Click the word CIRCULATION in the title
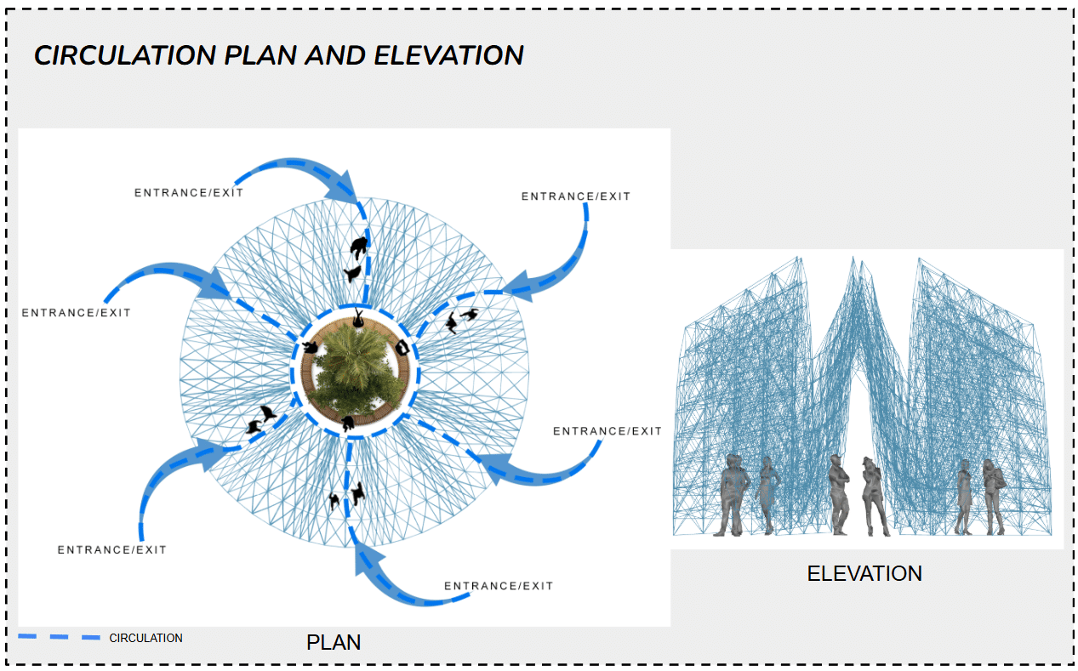[x=125, y=56]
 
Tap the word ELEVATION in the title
[x=449, y=56]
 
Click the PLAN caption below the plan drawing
[x=334, y=643]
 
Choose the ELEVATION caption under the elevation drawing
[x=864, y=574]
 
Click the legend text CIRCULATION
[x=145, y=638]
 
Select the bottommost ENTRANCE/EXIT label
[x=499, y=586]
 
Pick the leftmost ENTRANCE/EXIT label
[x=77, y=313]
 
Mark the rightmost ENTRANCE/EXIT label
[x=607, y=431]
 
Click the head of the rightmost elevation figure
[x=990, y=466]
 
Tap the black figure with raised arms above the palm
[x=359, y=319]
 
